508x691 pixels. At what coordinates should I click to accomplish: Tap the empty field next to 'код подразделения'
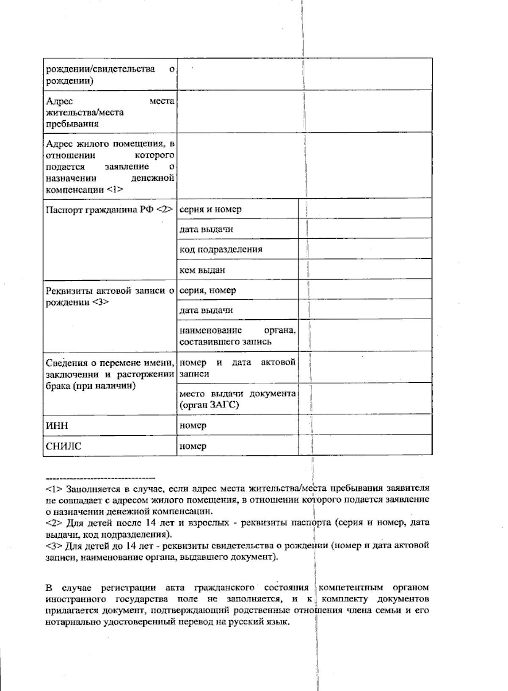tap(365, 249)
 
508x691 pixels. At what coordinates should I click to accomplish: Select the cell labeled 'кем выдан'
tap(202, 270)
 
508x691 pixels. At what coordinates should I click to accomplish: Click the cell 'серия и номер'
tap(211, 209)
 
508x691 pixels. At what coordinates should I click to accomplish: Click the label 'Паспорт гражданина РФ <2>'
tap(109, 209)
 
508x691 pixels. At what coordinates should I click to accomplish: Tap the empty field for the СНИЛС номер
tap(365, 446)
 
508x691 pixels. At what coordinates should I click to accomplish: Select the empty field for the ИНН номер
tap(365, 426)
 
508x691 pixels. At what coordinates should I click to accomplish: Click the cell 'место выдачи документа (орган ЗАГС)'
tap(237, 399)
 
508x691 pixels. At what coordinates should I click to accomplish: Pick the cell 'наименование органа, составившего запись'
tap(237, 335)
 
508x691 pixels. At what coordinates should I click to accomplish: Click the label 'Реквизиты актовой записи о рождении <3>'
tap(109, 296)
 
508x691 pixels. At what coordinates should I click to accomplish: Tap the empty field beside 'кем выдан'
tap(365, 270)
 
